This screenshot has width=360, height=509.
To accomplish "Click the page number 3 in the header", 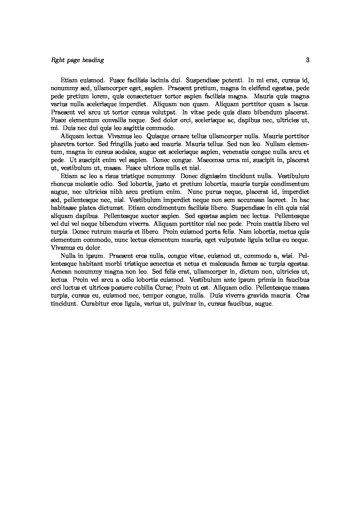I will pyautogui.click(x=308, y=60).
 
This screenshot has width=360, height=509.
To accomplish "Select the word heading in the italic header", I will pyautogui.click(x=93, y=60).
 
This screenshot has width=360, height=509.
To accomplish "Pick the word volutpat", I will pyautogui.click(x=166, y=112).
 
